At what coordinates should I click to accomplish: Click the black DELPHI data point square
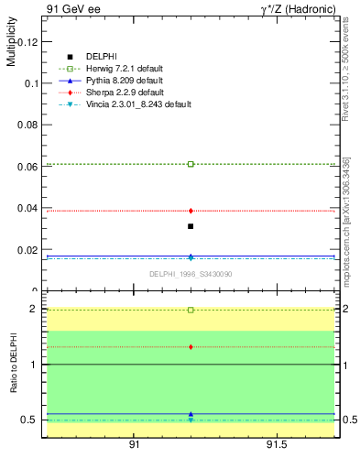191,226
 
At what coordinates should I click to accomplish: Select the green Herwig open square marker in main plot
191,164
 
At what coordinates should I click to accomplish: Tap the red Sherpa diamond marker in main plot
191,211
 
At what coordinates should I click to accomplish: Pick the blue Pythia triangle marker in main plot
191,256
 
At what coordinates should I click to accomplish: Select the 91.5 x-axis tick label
277,444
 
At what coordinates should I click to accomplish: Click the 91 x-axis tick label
134,444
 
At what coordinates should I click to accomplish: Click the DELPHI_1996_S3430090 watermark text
190,274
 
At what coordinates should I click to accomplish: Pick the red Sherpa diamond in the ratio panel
191,347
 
